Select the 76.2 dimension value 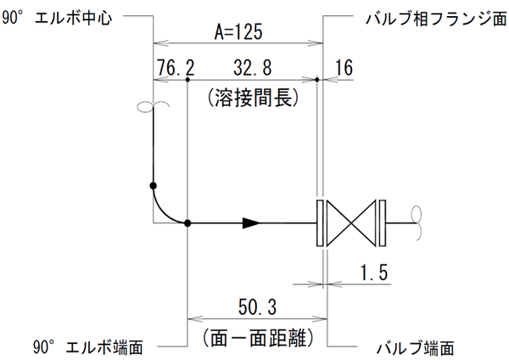tap(176, 67)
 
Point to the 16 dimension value tap(344, 67)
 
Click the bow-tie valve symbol tap(352, 223)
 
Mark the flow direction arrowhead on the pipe tap(251, 223)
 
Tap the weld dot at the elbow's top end tap(154, 185)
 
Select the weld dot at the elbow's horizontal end tap(187, 223)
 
